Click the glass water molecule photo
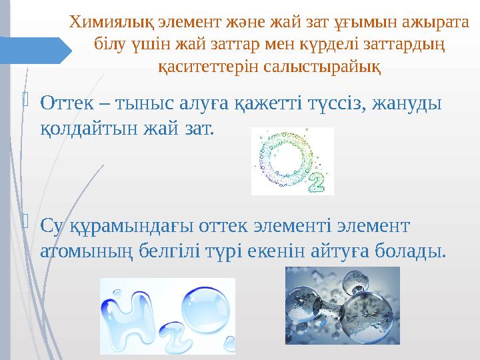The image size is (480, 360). pyautogui.click(x=342, y=306)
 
